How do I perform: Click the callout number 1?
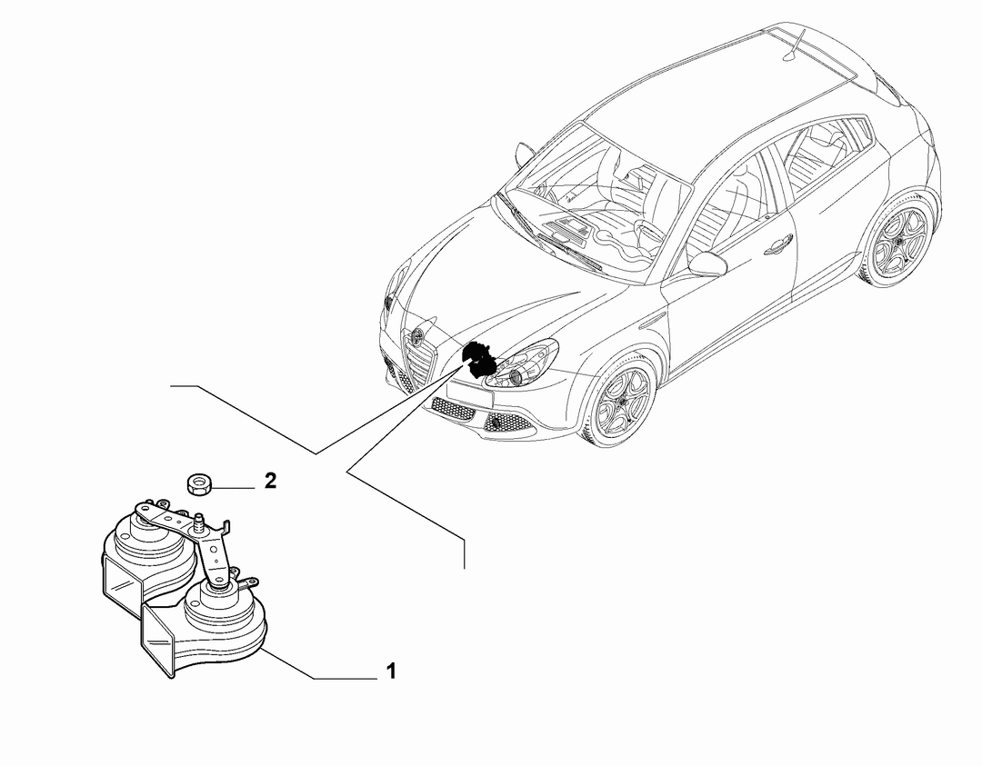click(391, 671)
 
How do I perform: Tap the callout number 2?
click(270, 482)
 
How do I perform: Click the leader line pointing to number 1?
click(319, 663)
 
